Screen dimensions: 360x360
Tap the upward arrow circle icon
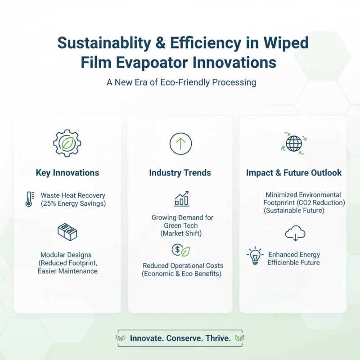click(180, 144)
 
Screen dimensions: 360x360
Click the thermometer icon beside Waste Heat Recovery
click(29, 199)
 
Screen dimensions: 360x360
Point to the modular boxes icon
click(67, 231)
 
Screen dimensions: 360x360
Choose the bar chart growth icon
click(181, 198)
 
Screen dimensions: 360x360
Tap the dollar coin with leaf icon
click(181, 250)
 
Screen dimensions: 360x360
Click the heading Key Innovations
click(67, 173)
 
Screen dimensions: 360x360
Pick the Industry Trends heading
click(180, 173)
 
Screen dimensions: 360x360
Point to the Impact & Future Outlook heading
click(294, 173)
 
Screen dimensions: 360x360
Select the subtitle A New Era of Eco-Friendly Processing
click(180, 82)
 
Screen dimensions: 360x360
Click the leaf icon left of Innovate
click(121, 338)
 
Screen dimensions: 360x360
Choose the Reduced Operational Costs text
click(183, 266)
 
